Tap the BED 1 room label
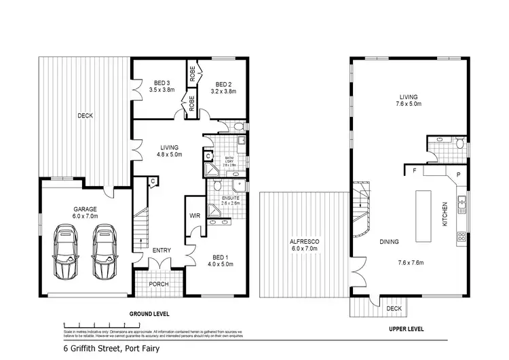coord(220,257)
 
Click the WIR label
coord(194,217)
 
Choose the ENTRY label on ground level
coord(162,250)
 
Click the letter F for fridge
coord(414,172)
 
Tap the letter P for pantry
coord(459,174)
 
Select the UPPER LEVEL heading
coord(407,328)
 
